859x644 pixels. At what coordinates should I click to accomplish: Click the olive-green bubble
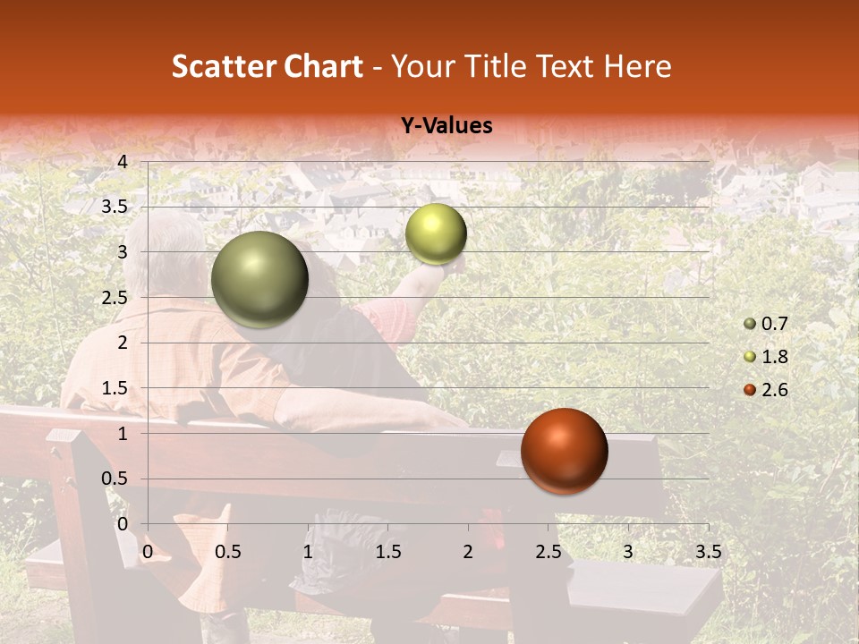pos(259,280)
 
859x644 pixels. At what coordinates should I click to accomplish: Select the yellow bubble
pos(436,234)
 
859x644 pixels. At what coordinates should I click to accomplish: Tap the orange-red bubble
pos(565,451)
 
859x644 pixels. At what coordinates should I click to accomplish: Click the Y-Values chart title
pos(447,126)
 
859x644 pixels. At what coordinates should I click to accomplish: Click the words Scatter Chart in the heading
pos(267,66)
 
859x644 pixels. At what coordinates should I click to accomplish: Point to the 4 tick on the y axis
pos(123,162)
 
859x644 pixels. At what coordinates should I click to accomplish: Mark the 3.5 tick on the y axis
pos(115,208)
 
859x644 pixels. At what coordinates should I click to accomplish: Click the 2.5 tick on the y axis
pos(115,298)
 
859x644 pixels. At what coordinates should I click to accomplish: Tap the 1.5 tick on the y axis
pos(115,388)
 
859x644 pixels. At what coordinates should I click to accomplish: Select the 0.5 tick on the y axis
pos(115,479)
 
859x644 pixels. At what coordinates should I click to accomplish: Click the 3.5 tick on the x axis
pos(708,553)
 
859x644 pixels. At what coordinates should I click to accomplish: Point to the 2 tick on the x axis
pos(468,553)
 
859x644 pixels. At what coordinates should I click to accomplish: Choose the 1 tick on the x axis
pos(308,553)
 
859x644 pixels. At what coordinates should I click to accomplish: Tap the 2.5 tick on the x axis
pos(548,553)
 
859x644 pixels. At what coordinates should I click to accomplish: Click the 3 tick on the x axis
pos(628,553)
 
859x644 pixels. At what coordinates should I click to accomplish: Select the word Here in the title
pos(637,66)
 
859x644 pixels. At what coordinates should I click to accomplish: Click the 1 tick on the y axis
pos(123,434)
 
